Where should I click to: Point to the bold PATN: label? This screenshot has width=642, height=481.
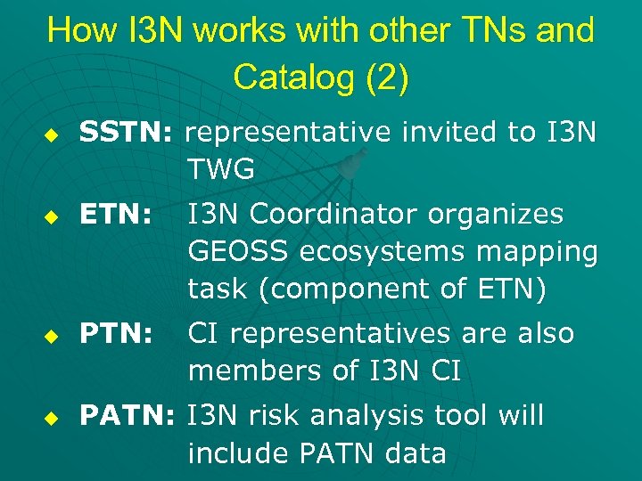pyautogui.click(x=130, y=416)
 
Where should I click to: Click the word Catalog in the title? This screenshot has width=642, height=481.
pyautogui.click(x=290, y=77)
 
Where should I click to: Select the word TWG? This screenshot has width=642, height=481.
pyautogui.click(x=221, y=167)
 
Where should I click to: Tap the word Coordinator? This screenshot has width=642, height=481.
pyautogui.click(x=338, y=215)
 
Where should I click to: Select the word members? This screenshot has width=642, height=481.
pyautogui.click(x=244, y=371)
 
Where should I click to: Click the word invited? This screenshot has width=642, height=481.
pyautogui.click(x=449, y=133)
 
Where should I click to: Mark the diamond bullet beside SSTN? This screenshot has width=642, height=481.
pyautogui.click(x=52, y=134)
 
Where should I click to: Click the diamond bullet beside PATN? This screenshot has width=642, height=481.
pyautogui.click(x=52, y=417)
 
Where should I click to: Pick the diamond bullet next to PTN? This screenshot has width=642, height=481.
pyautogui.click(x=52, y=335)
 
